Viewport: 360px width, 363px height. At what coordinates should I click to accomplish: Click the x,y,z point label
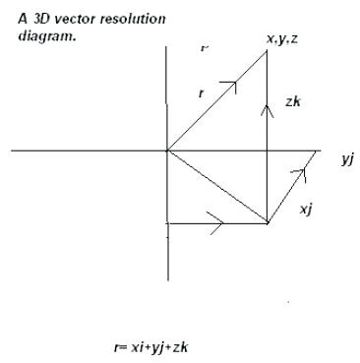coord(282,38)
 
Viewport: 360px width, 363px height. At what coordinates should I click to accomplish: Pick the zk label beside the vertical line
coord(291,101)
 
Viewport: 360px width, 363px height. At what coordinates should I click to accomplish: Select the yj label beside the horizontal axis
coord(347,159)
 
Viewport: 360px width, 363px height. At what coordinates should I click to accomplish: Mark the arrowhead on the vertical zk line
coord(268,107)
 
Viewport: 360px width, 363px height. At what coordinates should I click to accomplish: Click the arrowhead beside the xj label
coord(303,174)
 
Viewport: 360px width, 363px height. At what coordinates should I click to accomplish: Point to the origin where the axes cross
coord(168,151)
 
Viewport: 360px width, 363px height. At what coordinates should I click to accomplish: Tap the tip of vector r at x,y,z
coord(268,50)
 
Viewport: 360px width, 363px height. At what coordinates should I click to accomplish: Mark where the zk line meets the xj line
coord(268,223)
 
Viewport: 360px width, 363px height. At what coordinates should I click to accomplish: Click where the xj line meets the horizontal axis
coord(319,151)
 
